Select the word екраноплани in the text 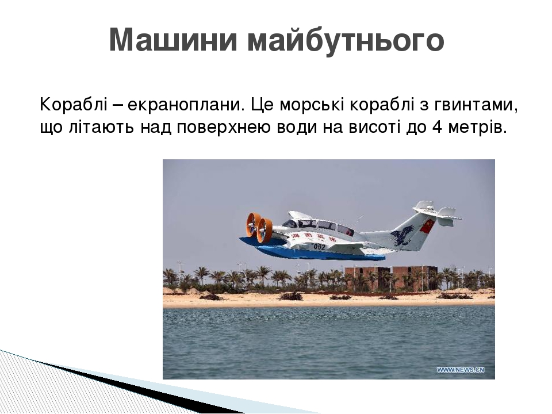coord(182,105)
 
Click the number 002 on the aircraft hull coord(319,246)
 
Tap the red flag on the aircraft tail coord(427,226)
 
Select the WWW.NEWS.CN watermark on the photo coord(460,370)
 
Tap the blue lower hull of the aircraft coord(322,254)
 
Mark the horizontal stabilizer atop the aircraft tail coord(437,212)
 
